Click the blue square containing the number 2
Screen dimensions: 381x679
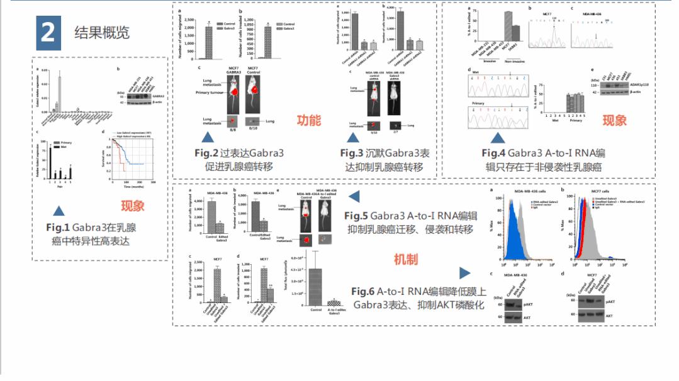(x=48, y=33)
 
